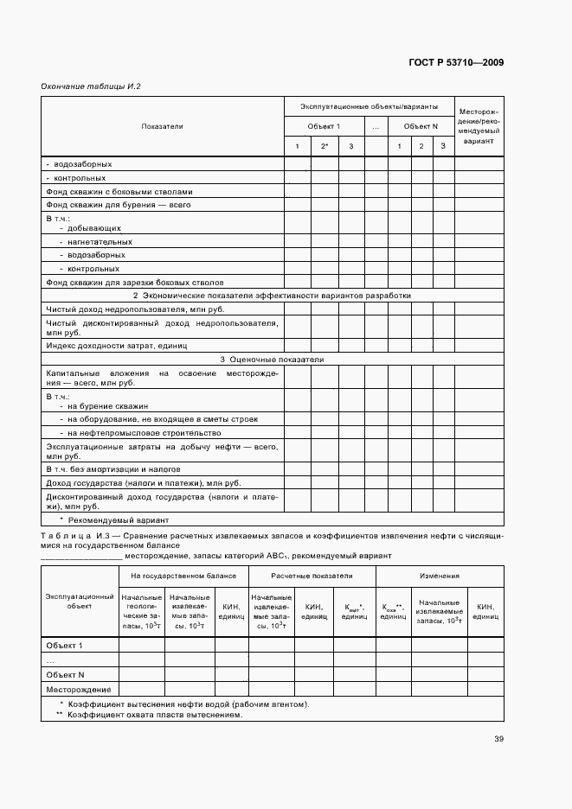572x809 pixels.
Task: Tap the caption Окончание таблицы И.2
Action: coord(91,86)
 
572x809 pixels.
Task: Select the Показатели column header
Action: coord(163,126)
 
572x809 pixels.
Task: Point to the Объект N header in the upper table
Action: coord(421,126)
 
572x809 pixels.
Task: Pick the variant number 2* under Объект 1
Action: coord(325,146)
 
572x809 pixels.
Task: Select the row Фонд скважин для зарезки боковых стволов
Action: coord(134,282)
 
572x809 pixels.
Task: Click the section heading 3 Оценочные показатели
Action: coord(271,359)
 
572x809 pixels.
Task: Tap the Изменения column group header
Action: coord(440,575)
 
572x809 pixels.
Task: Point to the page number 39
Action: coord(498,738)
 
